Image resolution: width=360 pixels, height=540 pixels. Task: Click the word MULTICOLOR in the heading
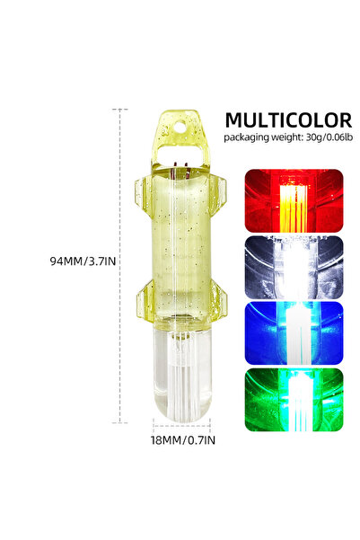[x=288, y=120]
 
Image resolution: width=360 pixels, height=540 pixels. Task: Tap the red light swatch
[x=294, y=200]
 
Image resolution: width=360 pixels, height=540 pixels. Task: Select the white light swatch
[x=294, y=267]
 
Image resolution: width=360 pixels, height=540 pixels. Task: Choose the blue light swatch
[x=294, y=333]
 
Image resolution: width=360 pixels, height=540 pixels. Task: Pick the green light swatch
[x=294, y=400]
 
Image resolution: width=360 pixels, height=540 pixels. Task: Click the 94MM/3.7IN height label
[x=83, y=261]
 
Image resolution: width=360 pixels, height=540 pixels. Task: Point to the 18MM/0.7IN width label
[x=183, y=440]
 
